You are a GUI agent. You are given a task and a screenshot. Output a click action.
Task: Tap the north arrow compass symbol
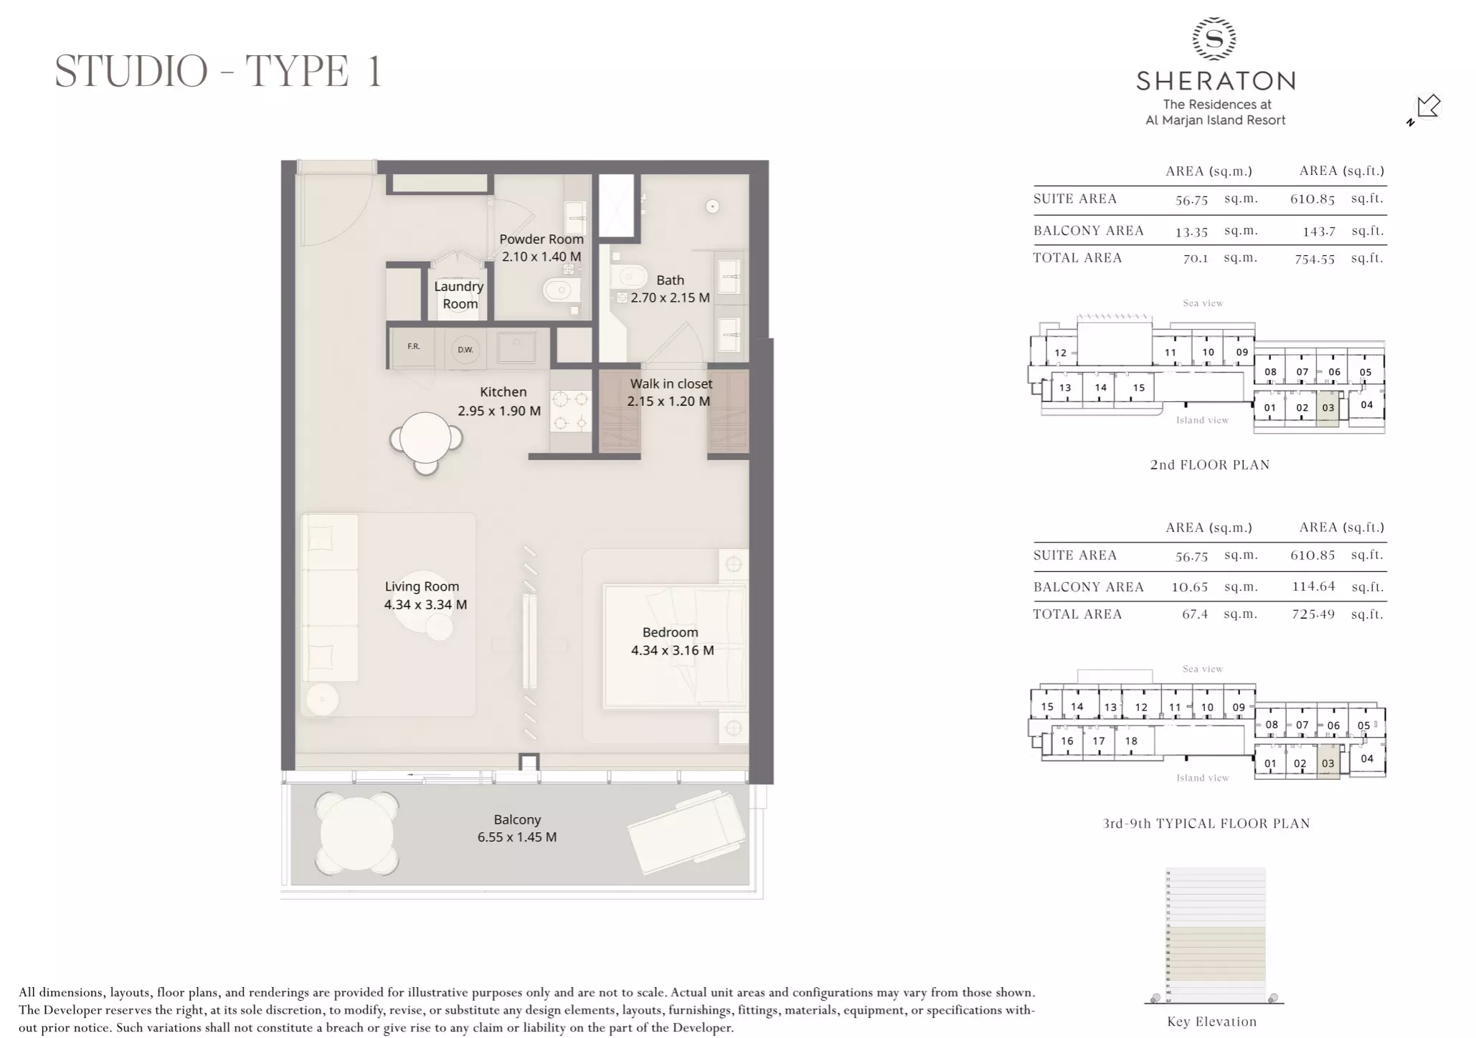point(1427,108)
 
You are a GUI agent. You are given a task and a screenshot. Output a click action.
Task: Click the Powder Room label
point(541,239)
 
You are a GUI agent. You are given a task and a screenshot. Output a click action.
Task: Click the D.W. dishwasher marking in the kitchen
point(465,350)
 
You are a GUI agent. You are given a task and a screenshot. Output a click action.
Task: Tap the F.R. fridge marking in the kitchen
point(414,347)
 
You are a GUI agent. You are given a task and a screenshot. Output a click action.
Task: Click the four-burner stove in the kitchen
point(571,411)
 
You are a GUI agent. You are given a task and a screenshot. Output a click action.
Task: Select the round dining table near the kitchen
point(425,438)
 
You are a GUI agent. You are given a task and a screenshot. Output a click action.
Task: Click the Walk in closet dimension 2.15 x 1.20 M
point(668,401)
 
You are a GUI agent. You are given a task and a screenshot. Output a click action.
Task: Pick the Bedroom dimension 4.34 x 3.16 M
point(672,650)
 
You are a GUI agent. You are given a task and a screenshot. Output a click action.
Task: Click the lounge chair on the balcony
point(687,832)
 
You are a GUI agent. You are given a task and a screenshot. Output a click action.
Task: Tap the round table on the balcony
point(356,833)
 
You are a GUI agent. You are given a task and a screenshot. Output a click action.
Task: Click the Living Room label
point(422,586)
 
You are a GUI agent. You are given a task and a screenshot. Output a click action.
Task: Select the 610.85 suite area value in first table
point(1312,199)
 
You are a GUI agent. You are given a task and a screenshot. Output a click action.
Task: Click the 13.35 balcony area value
point(1191,232)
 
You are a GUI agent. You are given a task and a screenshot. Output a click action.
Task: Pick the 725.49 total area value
point(1313,614)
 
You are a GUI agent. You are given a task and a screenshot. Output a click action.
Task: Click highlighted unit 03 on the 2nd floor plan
point(1328,408)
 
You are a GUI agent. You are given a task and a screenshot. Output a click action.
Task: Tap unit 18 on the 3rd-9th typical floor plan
point(1131,741)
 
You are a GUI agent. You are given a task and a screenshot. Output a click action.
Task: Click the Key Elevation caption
point(1211,1022)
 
